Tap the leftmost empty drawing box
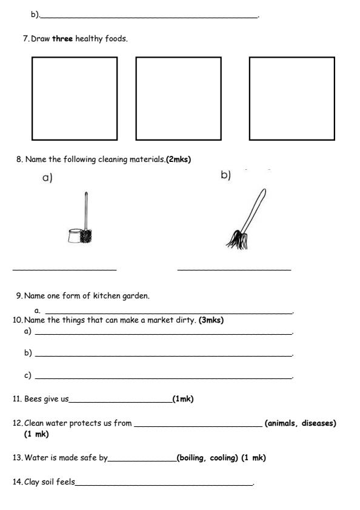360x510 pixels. pyautogui.click(x=75, y=98)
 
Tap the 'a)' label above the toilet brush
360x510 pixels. pyautogui.click(x=47, y=178)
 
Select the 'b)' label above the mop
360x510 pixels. pyautogui.click(x=226, y=175)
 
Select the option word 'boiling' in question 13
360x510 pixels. pyautogui.click(x=190, y=457)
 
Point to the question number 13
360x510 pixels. pyautogui.click(x=17, y=457)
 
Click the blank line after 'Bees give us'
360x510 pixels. pyautogui.click(x=121, y=401)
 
